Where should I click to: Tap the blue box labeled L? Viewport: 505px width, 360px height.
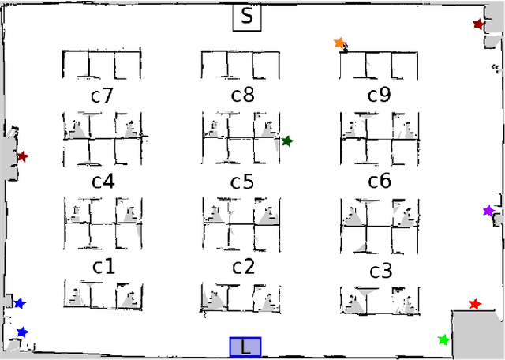[x=245, y=347]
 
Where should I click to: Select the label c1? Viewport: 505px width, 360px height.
[x=103, y=266]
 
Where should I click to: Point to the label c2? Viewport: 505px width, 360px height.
[x=242, y=267]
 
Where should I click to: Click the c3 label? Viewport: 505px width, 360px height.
[x=381, y=272]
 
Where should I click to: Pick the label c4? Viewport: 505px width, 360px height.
[x=103, y=182]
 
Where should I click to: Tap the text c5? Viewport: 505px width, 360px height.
[x=241, y=182]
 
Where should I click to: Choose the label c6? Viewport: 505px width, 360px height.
[x=380, y=182]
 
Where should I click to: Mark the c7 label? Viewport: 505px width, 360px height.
[x=102, y=96]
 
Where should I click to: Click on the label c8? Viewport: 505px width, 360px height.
[x=242, y=96]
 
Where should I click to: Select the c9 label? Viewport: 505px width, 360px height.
[x=379, y=96]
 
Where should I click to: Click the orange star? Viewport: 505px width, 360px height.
[x=339, y=43]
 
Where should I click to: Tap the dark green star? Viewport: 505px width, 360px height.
[x=287, y=141]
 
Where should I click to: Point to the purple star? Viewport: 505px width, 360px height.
[x=488, y=211]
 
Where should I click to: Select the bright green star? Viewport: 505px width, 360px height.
[x=443, y=340]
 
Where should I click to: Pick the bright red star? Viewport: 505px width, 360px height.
[x=474, y=304]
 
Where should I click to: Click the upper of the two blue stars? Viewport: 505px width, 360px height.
[x=20, y=303]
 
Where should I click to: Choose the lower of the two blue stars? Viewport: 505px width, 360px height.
[x=22, y=332]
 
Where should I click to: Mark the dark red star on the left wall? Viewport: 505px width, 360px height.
[x=22, y=156]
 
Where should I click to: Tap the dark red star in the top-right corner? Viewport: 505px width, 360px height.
[x=477, y=24]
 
